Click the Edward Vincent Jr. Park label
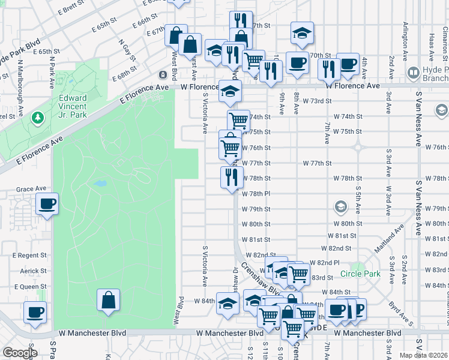[x=73, y=106]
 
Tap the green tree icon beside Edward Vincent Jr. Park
[x=38, y=116]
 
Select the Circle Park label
[x=360, y=274]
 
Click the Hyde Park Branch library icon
[x=413, y=73]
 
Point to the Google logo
[x=19, y=353]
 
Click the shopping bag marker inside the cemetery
[x=108, y=300]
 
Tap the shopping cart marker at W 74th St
[x=239, y=120]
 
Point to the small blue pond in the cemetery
[x=100, y=182]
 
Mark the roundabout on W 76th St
[x=358, y=147]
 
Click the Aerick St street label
[x=33, y=271]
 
